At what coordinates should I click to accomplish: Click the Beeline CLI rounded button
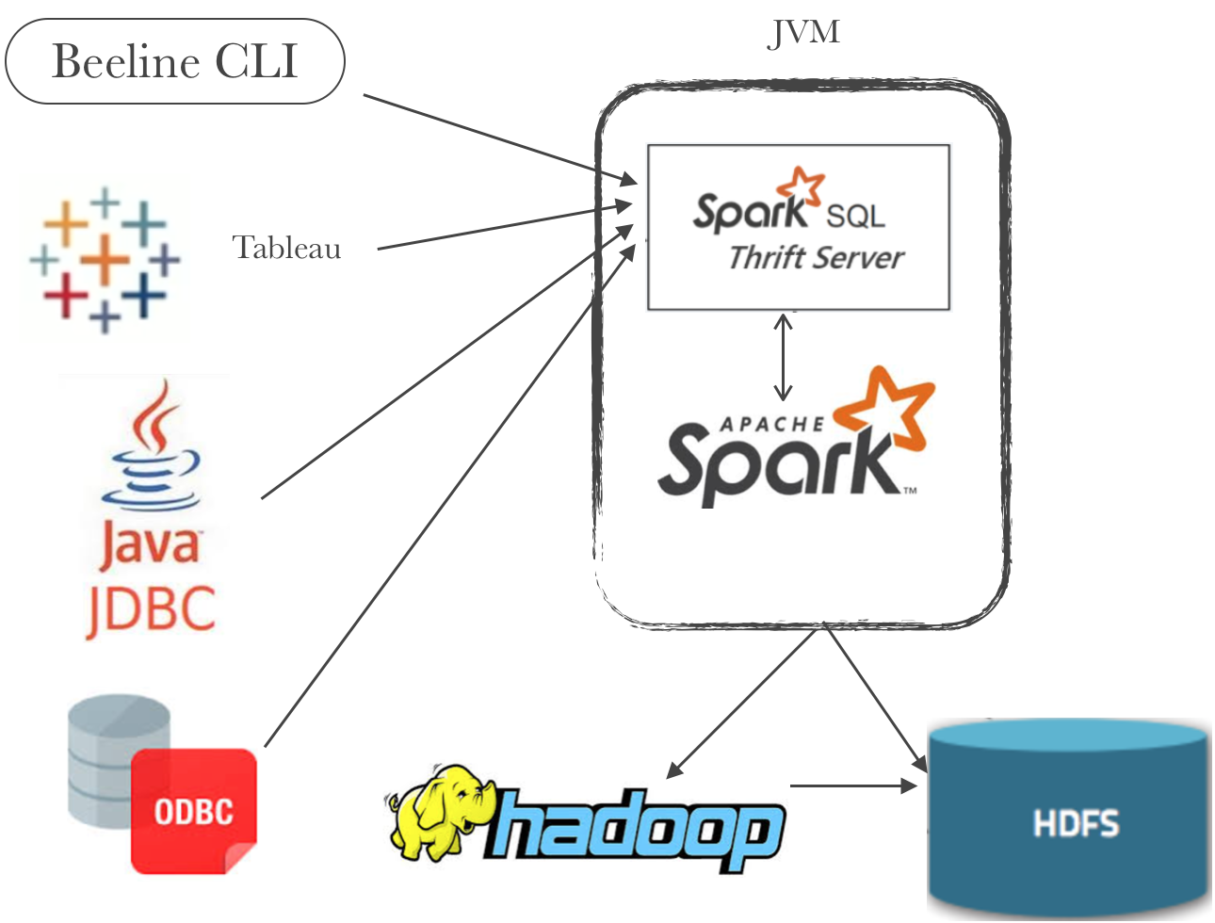175,61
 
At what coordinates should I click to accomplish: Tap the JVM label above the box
803,33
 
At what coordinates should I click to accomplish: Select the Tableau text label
286,248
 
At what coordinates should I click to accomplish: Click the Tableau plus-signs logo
104,259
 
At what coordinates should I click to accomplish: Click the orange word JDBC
152,608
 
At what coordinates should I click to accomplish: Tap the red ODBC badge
194,810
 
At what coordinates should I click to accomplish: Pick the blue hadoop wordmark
636,829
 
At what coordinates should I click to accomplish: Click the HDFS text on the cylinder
1076,824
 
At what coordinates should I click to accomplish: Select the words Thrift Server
816,257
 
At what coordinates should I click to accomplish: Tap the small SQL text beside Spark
855,218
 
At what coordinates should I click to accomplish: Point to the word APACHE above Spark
772,424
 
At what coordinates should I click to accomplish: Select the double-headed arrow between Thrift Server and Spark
783,358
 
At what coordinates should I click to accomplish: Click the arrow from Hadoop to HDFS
852,785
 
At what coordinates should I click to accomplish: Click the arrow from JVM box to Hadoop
744,702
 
